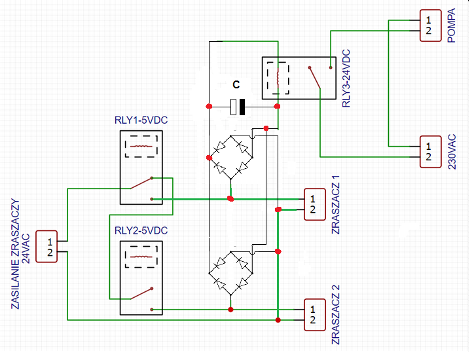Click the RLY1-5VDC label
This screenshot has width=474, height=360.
coord(141,120)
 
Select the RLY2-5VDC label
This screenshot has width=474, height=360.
coord(141,230)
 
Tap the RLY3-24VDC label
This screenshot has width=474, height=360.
coord(346,79)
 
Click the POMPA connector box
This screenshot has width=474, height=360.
coord(431,26)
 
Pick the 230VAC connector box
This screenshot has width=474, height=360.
coord(431,152)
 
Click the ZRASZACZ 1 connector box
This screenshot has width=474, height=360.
coord(315,204)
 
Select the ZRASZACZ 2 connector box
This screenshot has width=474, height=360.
coord(315,315)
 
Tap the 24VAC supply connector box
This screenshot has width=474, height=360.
coord(46,246)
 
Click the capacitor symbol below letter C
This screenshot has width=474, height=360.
coord(238,107)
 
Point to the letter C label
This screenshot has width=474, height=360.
coord(236,84)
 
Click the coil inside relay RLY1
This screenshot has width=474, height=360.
coord(141,147)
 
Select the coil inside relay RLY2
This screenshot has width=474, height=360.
coord(141,257)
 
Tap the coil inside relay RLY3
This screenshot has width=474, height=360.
coord(278,79)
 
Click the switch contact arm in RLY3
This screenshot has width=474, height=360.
coord(315,78)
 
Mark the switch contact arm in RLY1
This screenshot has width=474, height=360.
coord(141,183)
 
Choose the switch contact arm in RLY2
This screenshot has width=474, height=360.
coord(141,293)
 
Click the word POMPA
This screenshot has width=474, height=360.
coord(451,26)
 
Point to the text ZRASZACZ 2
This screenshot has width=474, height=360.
coord(336,315)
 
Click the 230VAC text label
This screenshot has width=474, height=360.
coord(452,152)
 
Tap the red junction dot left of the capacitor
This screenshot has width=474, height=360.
coord(209,107)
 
